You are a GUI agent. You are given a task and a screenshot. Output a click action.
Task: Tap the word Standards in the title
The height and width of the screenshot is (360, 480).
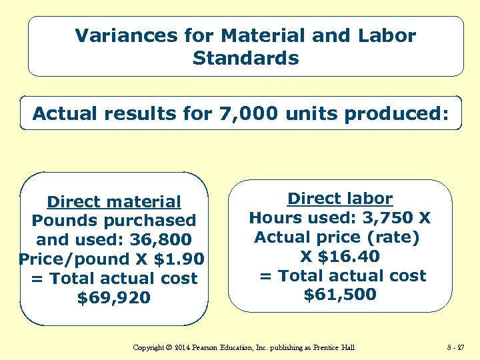click(245, 58)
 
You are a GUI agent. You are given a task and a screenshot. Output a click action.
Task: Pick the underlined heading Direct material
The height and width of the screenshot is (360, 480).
click(114, 201)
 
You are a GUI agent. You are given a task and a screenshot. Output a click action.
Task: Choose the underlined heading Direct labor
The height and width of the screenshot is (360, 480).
click(340, 199)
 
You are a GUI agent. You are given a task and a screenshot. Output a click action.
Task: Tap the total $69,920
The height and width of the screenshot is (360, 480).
click(114, 297)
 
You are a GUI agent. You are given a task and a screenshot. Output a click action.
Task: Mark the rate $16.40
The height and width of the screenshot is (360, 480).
click(349, 257)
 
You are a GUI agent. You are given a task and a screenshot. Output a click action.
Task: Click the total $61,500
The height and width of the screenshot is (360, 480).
click(340, 295)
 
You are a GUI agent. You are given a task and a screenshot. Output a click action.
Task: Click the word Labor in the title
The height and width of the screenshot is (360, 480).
click(387, 35)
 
